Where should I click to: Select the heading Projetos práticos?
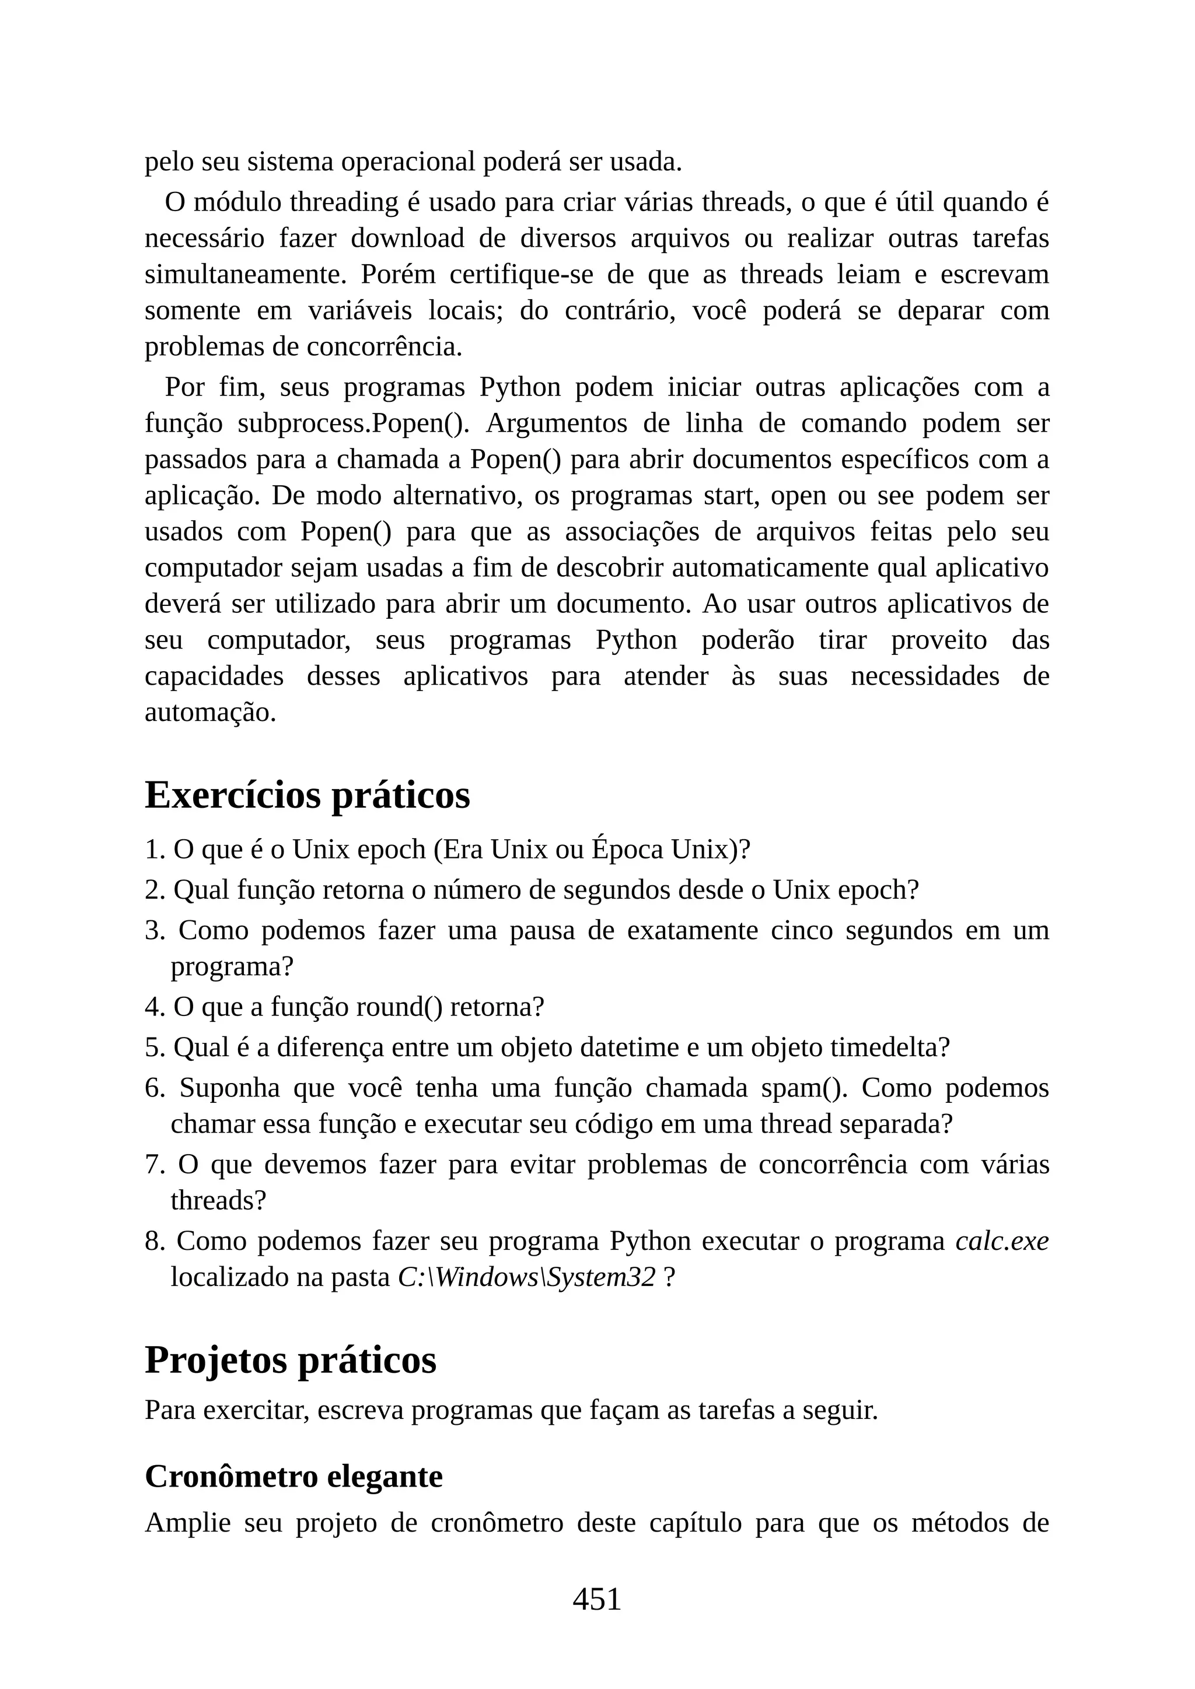coord(290,1360)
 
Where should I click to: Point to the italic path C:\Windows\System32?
coord(526,1278)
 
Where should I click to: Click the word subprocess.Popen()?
coord(353,424)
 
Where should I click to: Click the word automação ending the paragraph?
coord(209,712)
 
